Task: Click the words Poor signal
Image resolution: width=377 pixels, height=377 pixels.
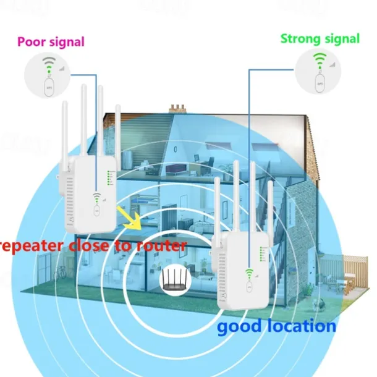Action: [51, 42]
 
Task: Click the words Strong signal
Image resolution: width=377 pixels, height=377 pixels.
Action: [320, 38]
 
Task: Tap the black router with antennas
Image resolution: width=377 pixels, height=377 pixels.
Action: [174, 281]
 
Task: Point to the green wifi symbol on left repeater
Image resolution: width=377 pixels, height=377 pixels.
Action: [96, 198]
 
